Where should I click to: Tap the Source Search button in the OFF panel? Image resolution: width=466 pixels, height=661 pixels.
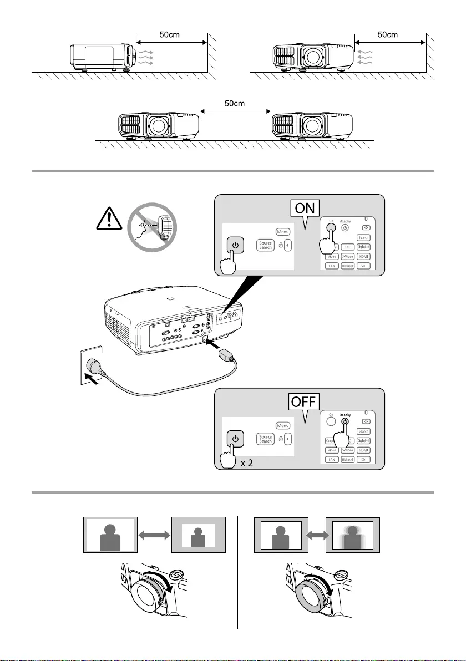tap(266, 439)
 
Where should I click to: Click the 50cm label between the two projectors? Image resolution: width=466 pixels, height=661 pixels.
tap(235, 103)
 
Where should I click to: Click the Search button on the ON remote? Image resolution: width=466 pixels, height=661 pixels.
tap(363, 237)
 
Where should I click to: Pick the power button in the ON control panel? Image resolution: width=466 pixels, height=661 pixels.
tap(235, 246)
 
